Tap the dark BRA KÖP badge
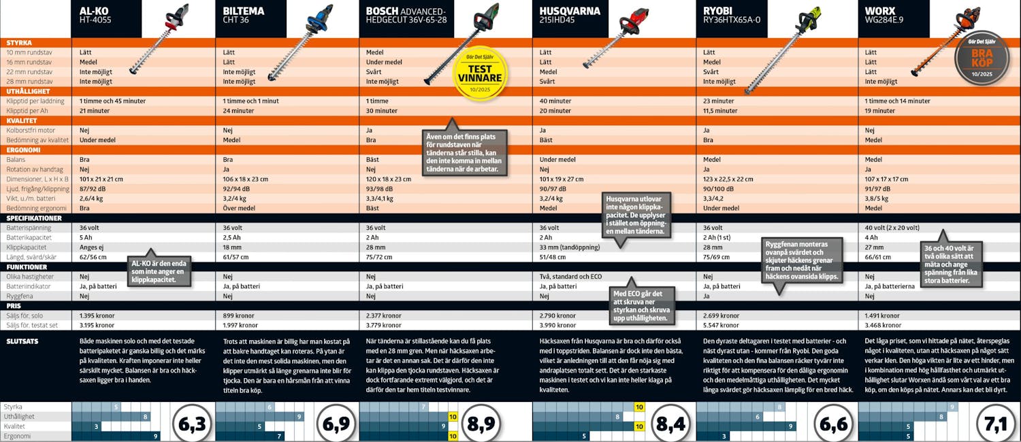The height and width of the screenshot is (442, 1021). click(982, 58)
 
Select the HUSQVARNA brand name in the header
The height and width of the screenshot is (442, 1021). click(570, 12)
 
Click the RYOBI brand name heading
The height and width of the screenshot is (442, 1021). click(723, 12)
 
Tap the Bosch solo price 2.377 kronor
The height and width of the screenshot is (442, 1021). click(384, 316)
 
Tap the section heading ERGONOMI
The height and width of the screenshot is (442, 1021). click(24, 150)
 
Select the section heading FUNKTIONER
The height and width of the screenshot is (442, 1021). click(27, 267)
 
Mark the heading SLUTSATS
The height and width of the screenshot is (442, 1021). click(21, 341)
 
